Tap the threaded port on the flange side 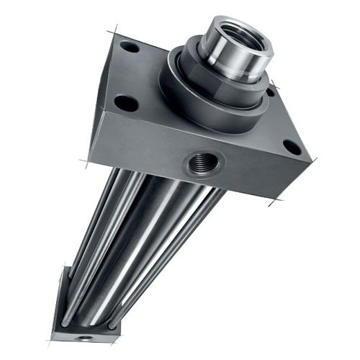coord(198,163)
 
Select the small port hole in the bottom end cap coord(86,336)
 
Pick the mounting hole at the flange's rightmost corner coord(292,147)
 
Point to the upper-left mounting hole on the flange coord(130,47)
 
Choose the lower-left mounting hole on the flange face coord(127,103)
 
